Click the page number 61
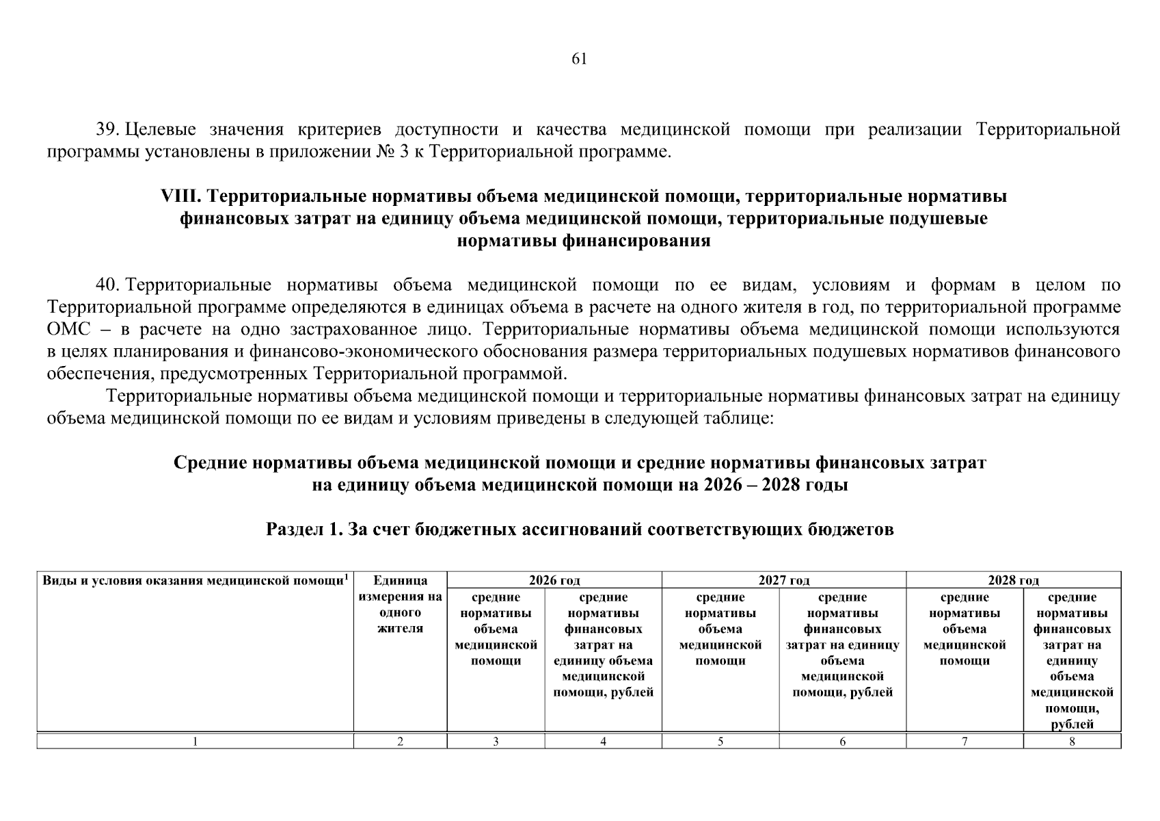(x=579, y=59)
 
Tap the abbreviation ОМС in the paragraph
(x=68, y=330)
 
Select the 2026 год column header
(x=554, y=581)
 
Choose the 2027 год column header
(x=783, y=581)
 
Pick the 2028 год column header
(x=1013, y=581)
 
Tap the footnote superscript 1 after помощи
(x=347, y=577)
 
